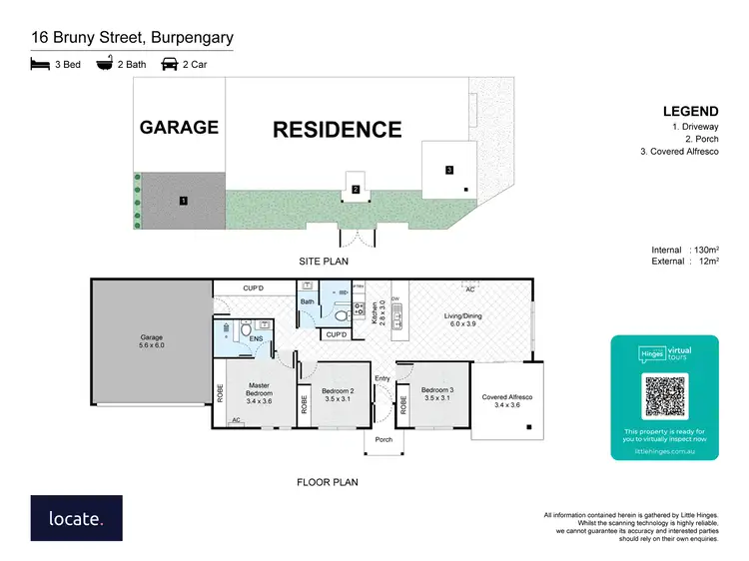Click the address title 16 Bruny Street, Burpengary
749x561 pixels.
coord(131,39)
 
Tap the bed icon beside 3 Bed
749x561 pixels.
coord(40,64)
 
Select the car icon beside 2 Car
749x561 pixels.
coord(170,64)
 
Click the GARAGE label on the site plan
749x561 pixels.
coord(179,127)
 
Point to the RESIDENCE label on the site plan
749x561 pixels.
coord(338,129)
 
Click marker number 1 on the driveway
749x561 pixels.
coord(184,201)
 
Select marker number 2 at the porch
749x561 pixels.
coord(356,189)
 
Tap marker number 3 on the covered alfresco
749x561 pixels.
coord(449,170)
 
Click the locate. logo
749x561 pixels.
coord(76,519)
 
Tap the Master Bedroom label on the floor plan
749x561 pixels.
coord(260,390)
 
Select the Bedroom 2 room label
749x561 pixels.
coord(338,394)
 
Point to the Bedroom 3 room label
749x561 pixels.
coord(436,394)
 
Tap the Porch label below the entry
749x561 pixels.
coord(382,439)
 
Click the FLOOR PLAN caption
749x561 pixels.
coord(327,482)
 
